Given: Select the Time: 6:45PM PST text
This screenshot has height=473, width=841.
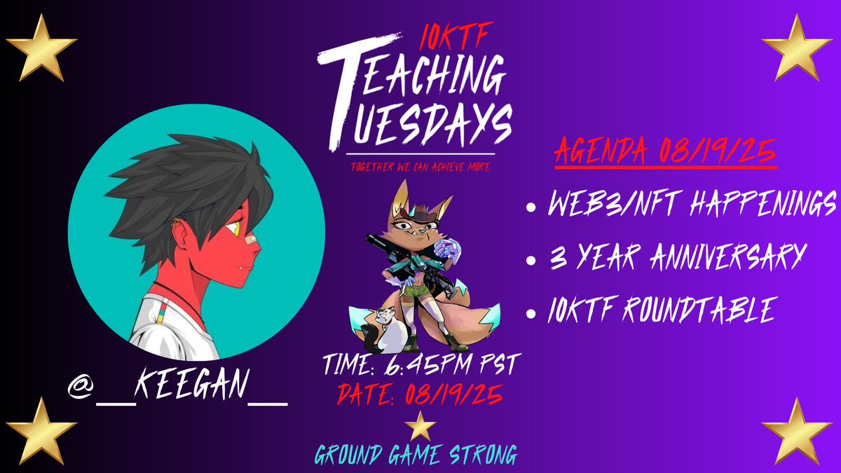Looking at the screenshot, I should click(420, 364).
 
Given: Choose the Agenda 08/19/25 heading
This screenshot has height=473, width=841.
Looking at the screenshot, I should click(666, 152).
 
